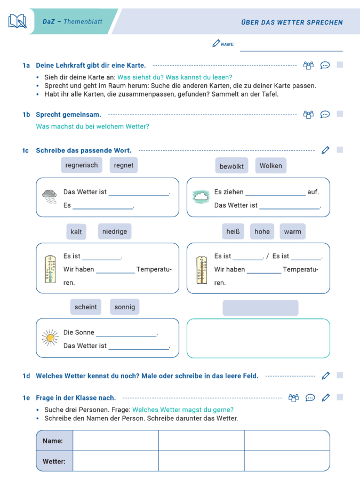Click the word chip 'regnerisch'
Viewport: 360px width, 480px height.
82,165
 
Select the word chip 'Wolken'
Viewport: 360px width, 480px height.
270,166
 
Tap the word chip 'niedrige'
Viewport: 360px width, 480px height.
114,231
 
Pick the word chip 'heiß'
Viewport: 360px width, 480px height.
233,231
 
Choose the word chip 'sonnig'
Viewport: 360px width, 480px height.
125,307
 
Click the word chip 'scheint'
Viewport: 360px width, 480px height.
86,307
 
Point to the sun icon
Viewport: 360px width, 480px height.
50,338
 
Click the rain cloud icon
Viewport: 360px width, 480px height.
50,196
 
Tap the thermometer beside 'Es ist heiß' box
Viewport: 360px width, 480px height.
201,269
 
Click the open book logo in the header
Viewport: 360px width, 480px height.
17,21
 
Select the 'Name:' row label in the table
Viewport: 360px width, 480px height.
53,441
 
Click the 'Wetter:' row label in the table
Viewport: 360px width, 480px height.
54,461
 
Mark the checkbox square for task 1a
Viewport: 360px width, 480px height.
340,65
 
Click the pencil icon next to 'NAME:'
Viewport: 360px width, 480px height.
215,44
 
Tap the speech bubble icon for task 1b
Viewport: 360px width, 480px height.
325,114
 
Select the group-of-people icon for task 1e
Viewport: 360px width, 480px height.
293,397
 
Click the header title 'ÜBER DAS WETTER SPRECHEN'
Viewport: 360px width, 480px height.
292,22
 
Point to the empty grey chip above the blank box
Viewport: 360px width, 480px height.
260,308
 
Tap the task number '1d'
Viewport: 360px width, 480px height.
26,376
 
